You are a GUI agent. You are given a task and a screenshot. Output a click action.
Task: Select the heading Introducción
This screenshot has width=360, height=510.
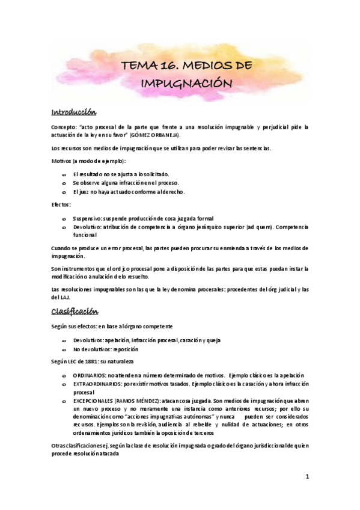pos(75,112)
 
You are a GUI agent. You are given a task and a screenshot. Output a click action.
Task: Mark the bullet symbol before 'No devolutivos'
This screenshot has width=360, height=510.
pos(64,349)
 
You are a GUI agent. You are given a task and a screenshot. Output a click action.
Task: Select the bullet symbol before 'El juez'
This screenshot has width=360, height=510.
pos(64,192)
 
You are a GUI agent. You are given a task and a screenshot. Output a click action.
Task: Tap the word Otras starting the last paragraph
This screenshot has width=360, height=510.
pos(59,445)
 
